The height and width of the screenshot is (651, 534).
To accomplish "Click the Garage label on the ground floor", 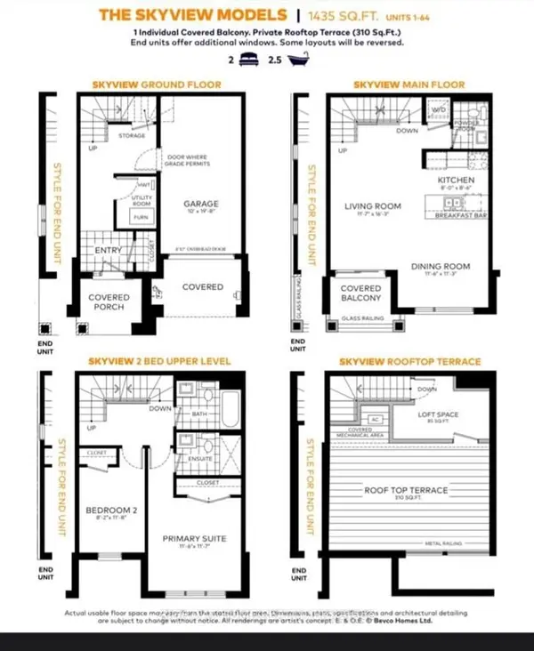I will click(x=201, y=204).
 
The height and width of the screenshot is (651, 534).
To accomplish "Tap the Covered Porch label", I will click(x=109, y=301).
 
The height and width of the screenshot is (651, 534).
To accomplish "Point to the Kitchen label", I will click(x=456, y=181).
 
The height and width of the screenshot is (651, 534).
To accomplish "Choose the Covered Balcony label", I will click(x=361, y=293).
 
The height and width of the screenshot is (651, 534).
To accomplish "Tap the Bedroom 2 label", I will click(x=109, y=510).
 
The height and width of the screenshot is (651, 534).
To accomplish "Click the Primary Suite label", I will click(x=196, y=537).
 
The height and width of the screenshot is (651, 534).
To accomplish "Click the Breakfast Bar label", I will click(x=466, y=215).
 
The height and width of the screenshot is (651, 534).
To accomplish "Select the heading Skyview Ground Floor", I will click(x=157, y=85).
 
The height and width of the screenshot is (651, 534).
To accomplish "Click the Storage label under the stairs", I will click(x=133, y=135).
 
